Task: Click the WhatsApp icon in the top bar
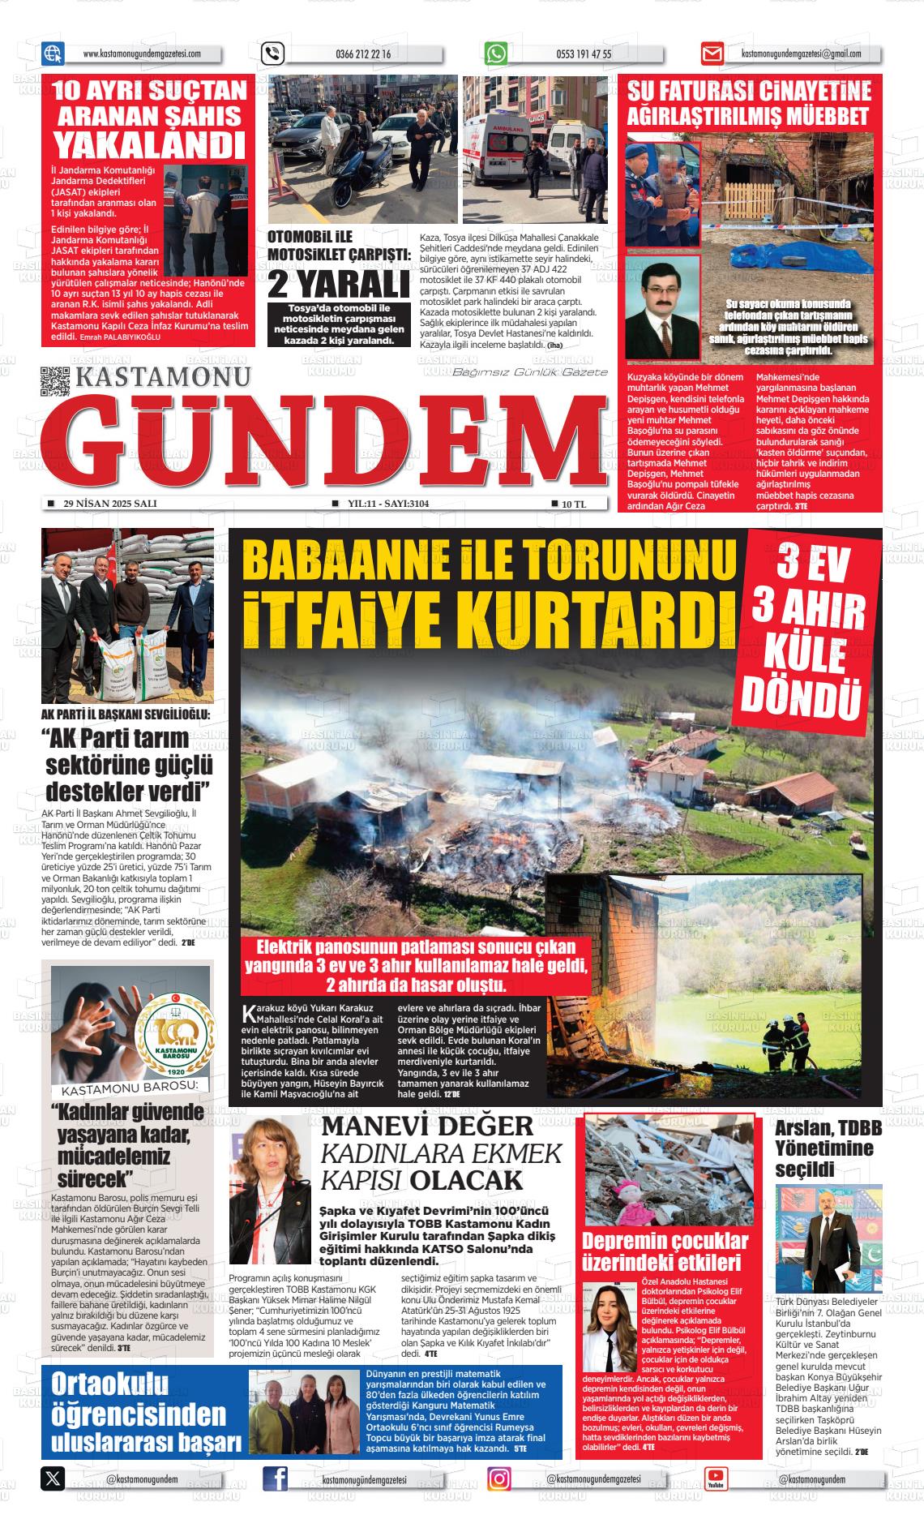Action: coord(496,54)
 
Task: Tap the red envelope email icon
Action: coord(712,54)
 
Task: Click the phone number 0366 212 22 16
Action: coord(362,54)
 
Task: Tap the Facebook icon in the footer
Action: coord(276,1479)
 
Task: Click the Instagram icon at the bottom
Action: coord(499,1479)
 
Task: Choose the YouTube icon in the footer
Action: coord(716,1479)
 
